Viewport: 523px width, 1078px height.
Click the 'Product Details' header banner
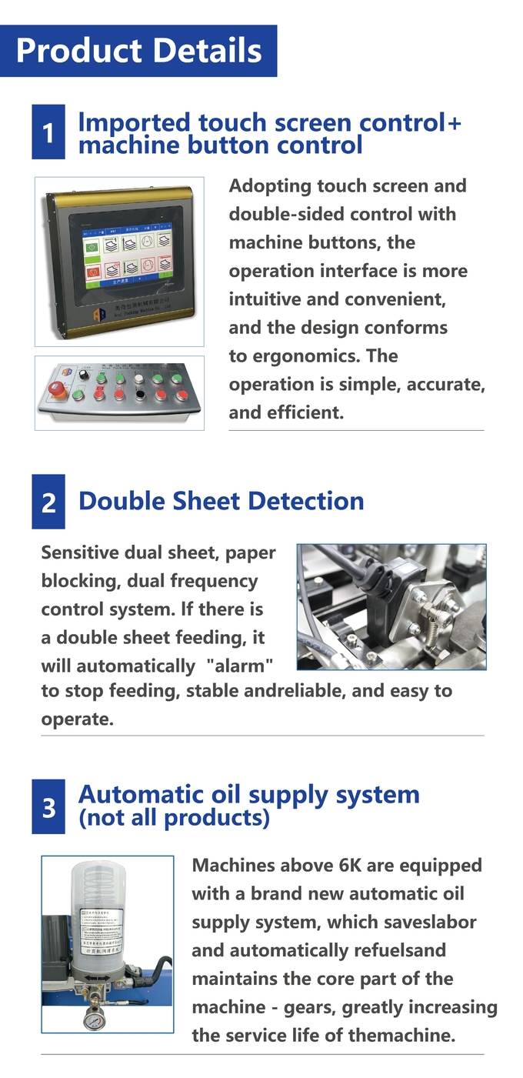point(138,51)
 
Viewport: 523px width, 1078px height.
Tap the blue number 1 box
point(48,132)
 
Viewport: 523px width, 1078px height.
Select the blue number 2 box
point(48,502)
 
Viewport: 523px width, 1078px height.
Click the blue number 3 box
point(48,807)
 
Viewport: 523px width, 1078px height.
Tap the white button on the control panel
point(138,379)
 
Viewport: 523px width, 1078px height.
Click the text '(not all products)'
point(174,818)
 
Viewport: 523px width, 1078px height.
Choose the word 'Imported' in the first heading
point(134,123)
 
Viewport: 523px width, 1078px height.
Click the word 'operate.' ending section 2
point(77,719)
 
